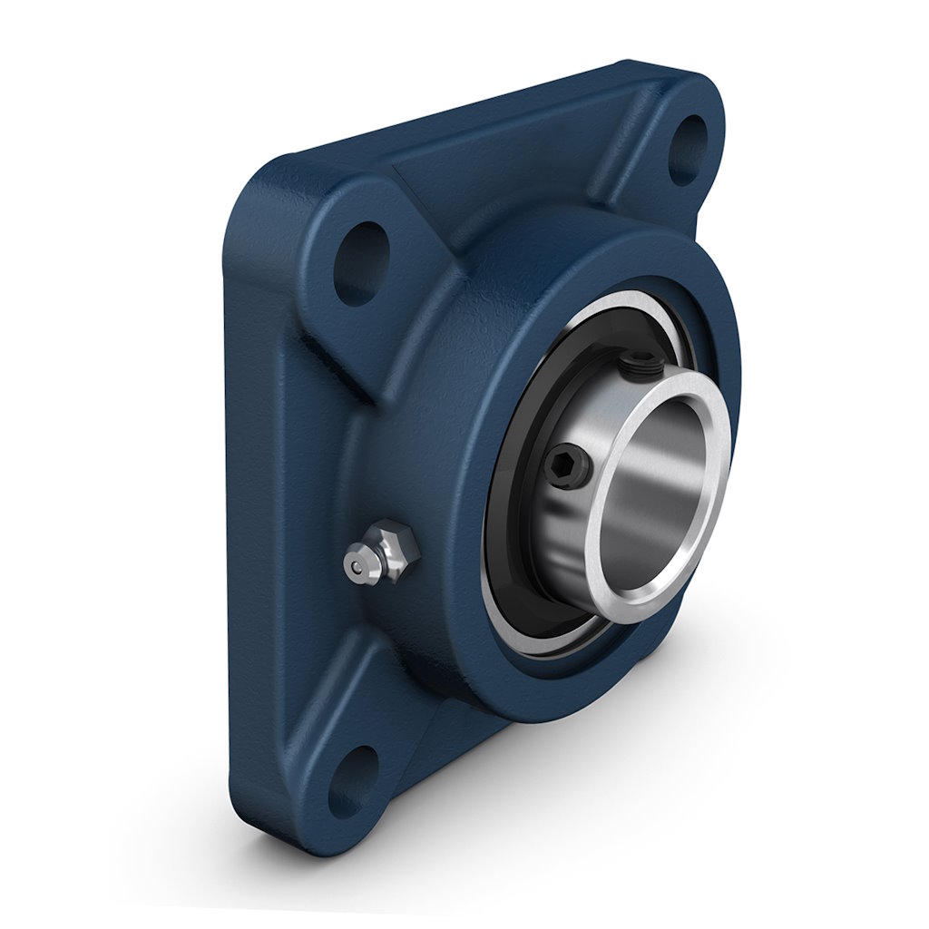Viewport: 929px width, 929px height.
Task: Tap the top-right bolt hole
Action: pyautogui.click(x=691, y=150)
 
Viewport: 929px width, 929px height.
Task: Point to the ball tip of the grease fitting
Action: pyautogui.click(x=357, y=566)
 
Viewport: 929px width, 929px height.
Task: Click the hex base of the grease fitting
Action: pyautogui.click(x=399, y=543)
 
